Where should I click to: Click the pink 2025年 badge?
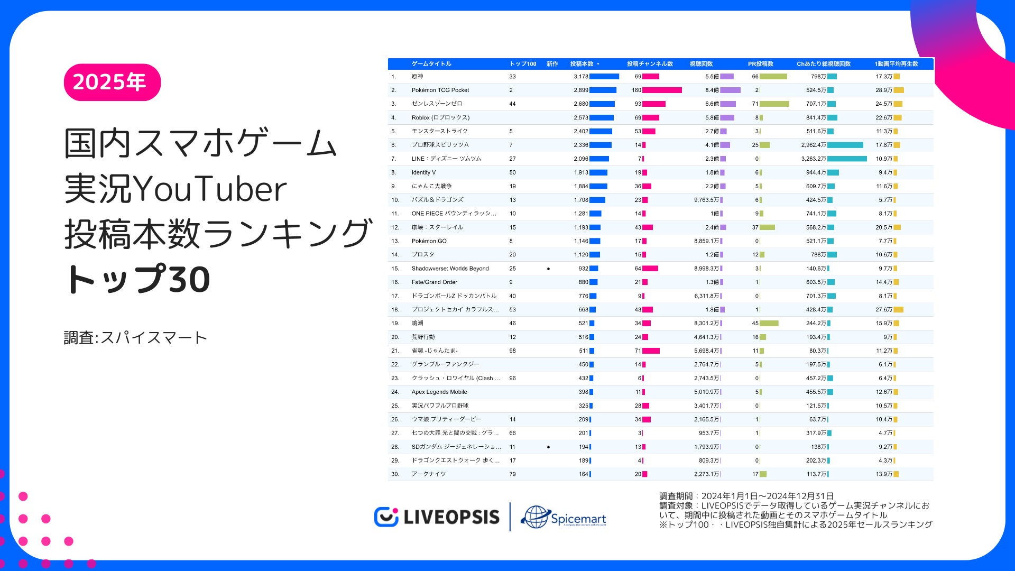point(112,82)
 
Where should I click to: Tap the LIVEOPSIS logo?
point(437,517)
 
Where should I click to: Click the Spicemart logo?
point(564,517)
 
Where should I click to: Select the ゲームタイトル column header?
point(431,64)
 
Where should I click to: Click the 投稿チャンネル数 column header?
point(650,64)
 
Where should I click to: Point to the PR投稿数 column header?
point(760,64)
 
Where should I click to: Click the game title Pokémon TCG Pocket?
point(440,90)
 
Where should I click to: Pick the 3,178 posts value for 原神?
point(580,77)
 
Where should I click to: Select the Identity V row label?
point(423,172)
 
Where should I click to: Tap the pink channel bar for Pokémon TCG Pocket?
point(662,90)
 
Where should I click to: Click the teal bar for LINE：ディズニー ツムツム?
point(847,159)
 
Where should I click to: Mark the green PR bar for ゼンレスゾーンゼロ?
point(774,104)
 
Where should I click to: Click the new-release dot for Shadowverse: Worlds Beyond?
point(548,269)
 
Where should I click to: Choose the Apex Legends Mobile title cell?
point(439,392)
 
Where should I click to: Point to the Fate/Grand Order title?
point(434,282)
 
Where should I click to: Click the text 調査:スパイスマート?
point(135,338)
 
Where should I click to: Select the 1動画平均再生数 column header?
point(896,64)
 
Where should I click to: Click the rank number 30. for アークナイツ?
point(395,474)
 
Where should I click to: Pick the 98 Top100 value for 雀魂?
point(512,351)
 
